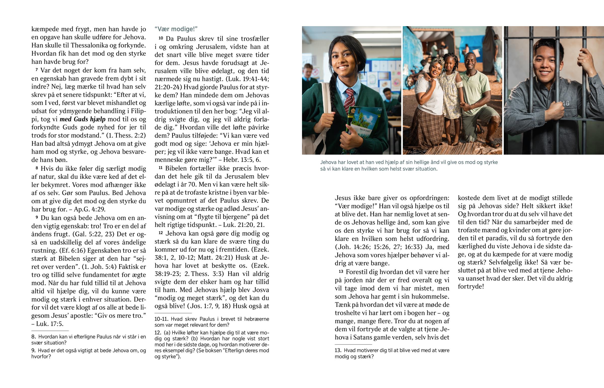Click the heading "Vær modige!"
pos(176,29)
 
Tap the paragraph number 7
pos(36,70)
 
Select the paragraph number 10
pos(161,38)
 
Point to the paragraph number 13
pos(341,271)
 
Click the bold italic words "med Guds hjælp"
pos(83,119)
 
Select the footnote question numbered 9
pos(89,353)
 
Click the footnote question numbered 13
pos(392,353)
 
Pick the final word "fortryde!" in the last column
pos(471,286)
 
